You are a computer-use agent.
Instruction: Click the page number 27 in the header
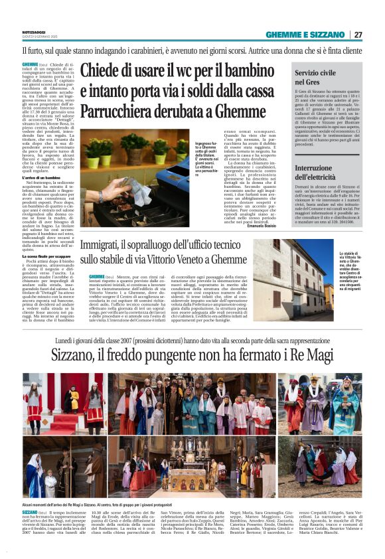[357, 35]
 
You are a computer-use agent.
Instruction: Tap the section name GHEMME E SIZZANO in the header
[305, 35]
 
